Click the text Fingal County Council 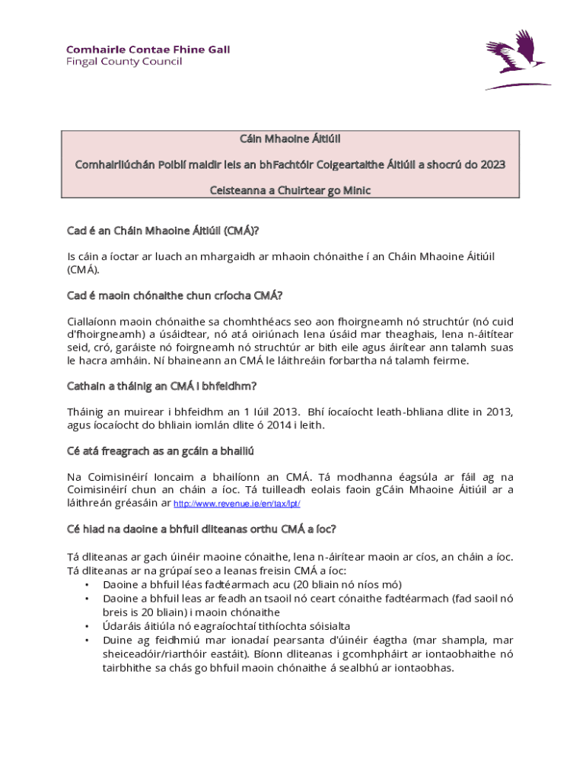123,62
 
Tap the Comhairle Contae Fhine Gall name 148,49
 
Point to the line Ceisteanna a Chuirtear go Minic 290,190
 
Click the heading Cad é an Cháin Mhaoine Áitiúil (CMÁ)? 168,230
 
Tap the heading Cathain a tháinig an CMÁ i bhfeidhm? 161,386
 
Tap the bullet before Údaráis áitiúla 87,626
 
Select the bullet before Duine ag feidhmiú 87,640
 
